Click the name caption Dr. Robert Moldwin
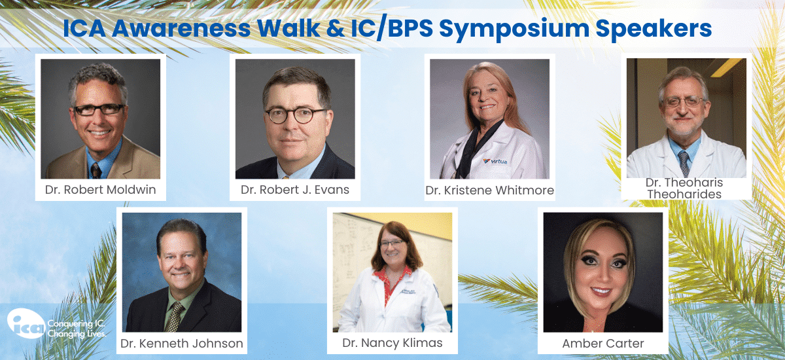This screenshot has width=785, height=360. pyautogui.click(x=100, y=190)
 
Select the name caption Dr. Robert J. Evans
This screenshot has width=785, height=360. pyautogui.click(x=295, y=190)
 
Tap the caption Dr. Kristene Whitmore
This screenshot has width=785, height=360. pyautogui.click(x=489, y=190)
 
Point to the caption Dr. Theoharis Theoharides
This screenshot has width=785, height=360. pyautogui.click(x=684, y=189)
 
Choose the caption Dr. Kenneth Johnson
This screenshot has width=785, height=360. pyautogui.click(x=182, y=344)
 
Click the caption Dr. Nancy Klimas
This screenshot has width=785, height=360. pyautogui.click(x=392, y=343)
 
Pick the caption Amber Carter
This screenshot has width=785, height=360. pyautogui.click(x=602, y=344)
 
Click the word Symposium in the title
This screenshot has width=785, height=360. pyautogui.click(x=514, y=29)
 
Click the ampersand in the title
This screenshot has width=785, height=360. pyautogui.click(x=336, y=28)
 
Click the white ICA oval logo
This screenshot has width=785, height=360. pyautogui.click(x=26, y=323)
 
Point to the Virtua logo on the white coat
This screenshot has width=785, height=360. pyautogui.click(x=495, y=161)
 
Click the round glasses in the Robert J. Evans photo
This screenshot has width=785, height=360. pyautogui.click(x=294, y=115)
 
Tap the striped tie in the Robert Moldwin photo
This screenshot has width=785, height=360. pyautogui.click(x=96, y=171)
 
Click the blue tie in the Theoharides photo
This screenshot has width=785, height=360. pyautogui.click(x=684, y=164)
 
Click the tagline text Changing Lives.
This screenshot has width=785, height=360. pyautogui.click(x=77, y=334)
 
